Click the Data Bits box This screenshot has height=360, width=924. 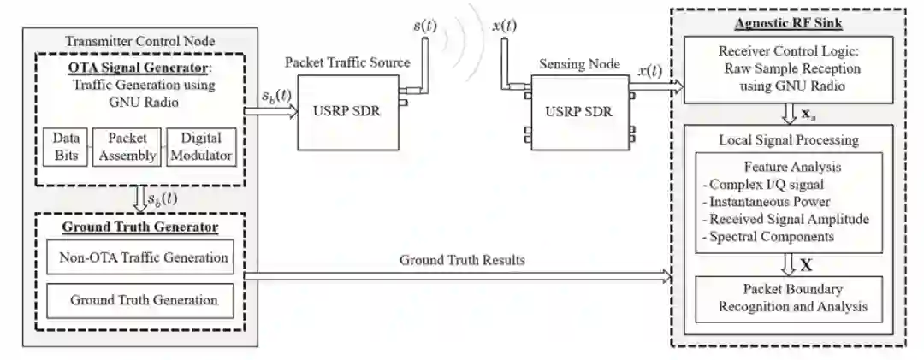point(65,145)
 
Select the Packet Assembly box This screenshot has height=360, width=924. point(125,145)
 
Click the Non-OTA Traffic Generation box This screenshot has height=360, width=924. point(140,257)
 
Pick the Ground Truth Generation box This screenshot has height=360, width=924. point(140,300)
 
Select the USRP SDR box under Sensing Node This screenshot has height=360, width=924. point(579,112)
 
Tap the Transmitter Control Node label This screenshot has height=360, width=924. point(140,40)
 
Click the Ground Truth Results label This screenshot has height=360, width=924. point(462,260)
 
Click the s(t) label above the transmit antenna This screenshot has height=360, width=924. point(424,26)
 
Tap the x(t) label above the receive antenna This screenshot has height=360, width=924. point(505,26)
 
